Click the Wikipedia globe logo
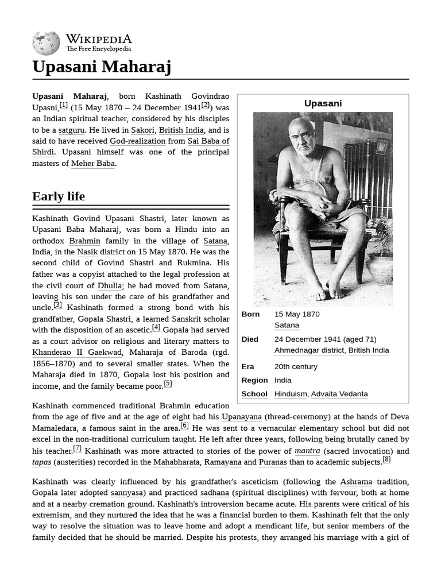(x=46, y=43)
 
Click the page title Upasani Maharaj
(x=102, y=67)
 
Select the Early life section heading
(x=59, y=196)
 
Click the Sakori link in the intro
(x=142, y=130)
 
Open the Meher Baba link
(x=93, y=163)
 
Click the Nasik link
(x=87, y=252)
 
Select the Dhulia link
(x=110, y=285)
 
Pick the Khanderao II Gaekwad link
(x=77, y=353)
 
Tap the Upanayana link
(x=242, y=417)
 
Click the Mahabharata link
(x=176, y=462)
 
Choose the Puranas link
(x=272, y=462)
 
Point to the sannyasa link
(x=126, y=493)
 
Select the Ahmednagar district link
(x=310, y=350)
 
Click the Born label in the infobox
(x=250, y=314)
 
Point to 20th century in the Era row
(x=296, y=366)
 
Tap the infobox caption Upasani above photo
(x=323, y=103)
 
